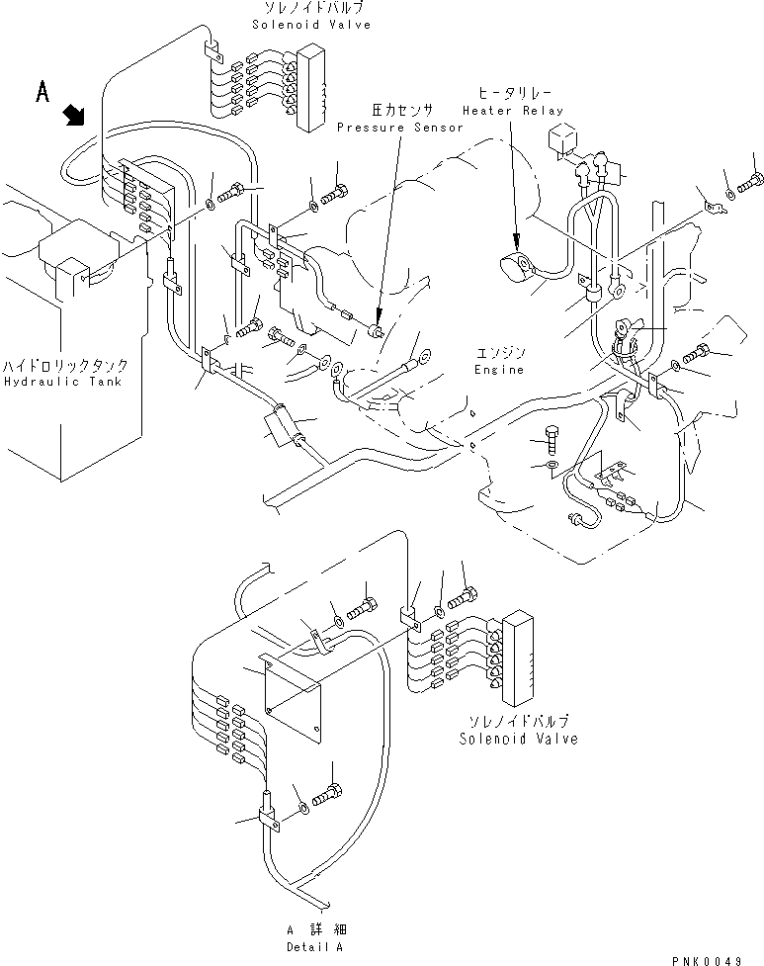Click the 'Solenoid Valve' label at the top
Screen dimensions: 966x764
click(311, 25)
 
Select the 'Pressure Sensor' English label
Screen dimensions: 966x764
click(399, 128)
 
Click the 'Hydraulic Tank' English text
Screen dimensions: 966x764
click(62, 382)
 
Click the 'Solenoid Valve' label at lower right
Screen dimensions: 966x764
click(518, 739)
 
